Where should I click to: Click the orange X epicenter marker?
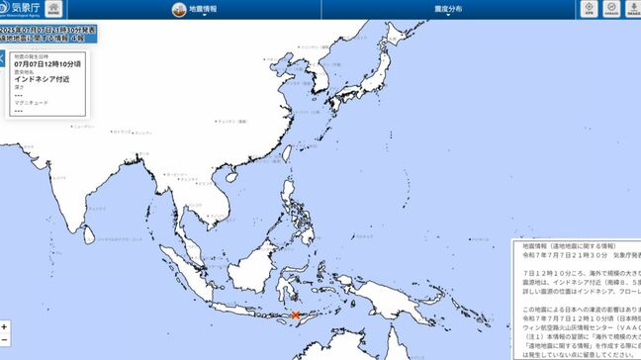[x=296, y=315]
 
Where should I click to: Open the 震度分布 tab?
[x=448, y=9]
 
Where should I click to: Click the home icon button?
[x=51, y=9]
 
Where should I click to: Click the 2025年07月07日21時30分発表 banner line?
[x=44, y=32]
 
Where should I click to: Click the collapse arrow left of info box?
[x=3, y=58]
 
